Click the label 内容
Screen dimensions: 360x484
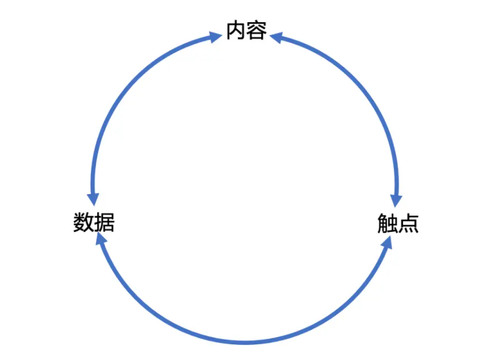[246, 30]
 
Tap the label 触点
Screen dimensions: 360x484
[398, 223]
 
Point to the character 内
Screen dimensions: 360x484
[236, 30]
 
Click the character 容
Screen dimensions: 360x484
[256, 30]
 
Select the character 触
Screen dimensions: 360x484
[387, 223]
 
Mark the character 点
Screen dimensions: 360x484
[409, 223]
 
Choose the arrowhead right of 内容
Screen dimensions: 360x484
[276, 37]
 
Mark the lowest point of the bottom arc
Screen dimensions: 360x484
[244, 343]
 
